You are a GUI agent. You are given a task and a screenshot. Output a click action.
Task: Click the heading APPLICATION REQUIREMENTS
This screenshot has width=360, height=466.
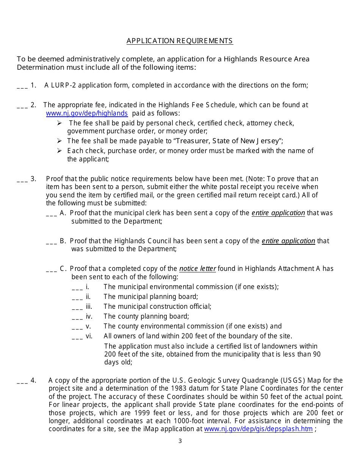click(x=180, y=41)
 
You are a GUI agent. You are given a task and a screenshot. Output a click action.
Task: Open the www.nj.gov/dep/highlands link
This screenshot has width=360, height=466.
click(x=87, y=113)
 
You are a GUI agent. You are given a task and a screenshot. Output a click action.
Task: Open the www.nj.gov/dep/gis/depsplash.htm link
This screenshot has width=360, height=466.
click(x=258, y=429)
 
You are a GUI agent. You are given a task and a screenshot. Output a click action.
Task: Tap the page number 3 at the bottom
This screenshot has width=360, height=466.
click(x=180, y=441)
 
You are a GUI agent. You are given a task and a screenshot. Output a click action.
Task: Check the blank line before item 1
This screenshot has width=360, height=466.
click(x=22, y=87)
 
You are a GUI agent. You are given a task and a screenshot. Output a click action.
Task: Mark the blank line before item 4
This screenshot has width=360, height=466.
click(x=22, y=382)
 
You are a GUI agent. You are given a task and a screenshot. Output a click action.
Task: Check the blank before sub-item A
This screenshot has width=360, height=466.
click(x=51, y=215)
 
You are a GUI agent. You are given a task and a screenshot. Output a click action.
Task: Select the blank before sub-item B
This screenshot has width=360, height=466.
click(x=51, y=243)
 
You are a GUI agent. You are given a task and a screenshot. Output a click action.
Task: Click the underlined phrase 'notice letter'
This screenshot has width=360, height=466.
click(x=197, y=269)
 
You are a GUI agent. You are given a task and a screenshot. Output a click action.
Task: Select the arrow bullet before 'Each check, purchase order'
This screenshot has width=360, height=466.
click(x=59, y=151)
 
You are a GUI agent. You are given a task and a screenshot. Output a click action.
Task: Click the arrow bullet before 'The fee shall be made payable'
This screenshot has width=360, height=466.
click(x=59, y=141)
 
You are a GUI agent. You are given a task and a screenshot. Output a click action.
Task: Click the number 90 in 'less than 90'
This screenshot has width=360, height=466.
click(x=316, y=354)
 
